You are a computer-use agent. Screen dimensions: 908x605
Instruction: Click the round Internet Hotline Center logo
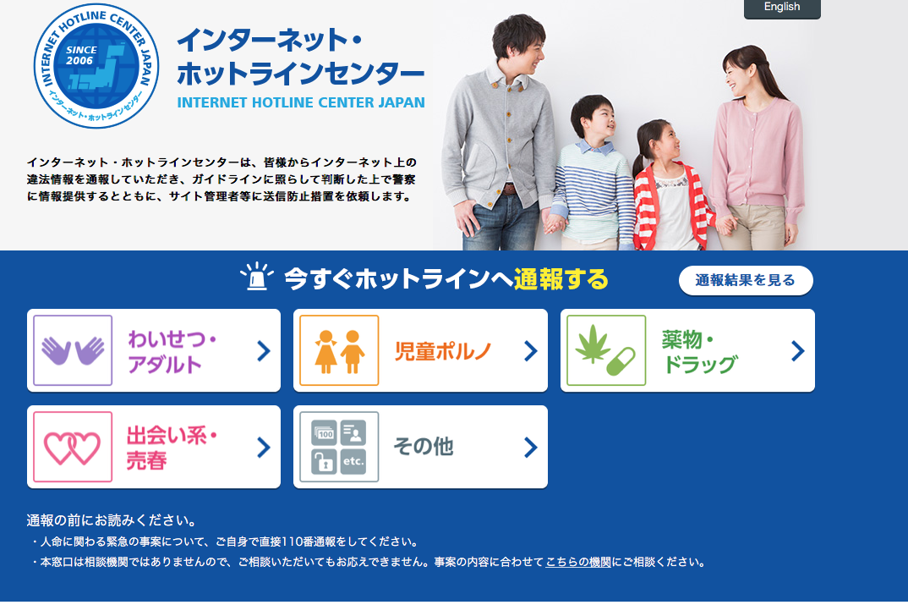pyautogui.click(x=96, y=65)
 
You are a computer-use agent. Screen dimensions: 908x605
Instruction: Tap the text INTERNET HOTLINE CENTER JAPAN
pyautogui.click(x=301, y=102)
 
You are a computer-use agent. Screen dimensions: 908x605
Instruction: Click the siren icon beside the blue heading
pyautogui.click(x=256, y=277)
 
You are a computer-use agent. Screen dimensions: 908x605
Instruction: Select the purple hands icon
pyautogui.click(x=73, y=350)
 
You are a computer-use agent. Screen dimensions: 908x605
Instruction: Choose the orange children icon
pyautogui.click(x=339, y=350)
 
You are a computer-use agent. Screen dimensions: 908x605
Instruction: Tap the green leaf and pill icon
pyautogui.click(x=606, y=350)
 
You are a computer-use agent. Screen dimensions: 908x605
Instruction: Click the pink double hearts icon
pyautogui.click(x=73, y=447)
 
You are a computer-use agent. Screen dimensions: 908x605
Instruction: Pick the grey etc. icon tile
pyautogui.click(x=339, y=447)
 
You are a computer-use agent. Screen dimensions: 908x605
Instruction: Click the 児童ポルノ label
pyautogui.click(x=443, y=351)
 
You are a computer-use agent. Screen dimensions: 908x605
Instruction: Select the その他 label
pyautogui.click(x=424, y=447)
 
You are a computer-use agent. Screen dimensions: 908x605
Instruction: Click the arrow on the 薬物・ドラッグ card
pyautogui.click(x=798, y=350)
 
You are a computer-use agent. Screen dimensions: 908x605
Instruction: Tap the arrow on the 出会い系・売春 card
pyautogui.click(x=264, y=447)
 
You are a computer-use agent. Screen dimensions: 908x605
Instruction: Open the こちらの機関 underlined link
pyautogui.click(x=578, y=562)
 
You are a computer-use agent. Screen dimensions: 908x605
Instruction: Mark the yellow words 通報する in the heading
pyautogui.click(x=561, y=279)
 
